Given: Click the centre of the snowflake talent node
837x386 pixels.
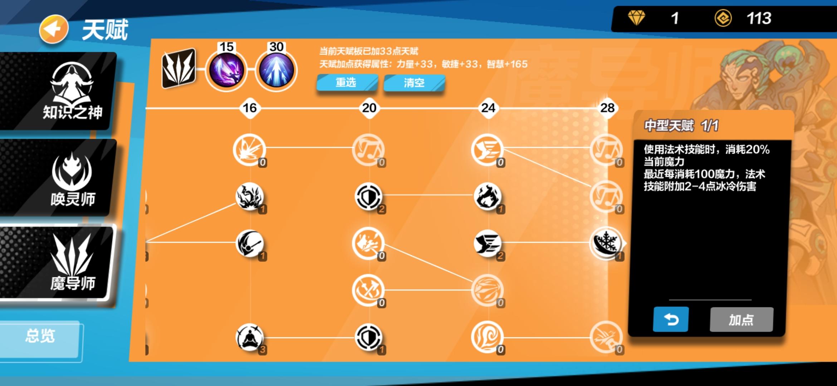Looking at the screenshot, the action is click(607, 243).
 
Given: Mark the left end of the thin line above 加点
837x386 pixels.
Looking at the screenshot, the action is click(669, 300).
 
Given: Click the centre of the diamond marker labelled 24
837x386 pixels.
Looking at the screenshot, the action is click(488, 108).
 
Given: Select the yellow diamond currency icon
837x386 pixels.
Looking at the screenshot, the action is click(636, 18).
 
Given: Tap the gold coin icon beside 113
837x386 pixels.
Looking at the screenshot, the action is click(723, 18).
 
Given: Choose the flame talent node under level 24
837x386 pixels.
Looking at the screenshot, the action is click(488, 196).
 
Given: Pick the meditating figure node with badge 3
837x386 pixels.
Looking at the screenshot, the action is click(249, 337).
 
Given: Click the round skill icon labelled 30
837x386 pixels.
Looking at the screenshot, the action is click(276, 70).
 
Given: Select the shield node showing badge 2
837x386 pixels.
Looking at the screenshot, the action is click(368, 196).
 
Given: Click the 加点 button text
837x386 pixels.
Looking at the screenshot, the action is click(741, 320).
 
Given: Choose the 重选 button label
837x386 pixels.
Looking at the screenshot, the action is click(346, 83).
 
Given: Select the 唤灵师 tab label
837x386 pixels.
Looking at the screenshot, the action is click(73, 199).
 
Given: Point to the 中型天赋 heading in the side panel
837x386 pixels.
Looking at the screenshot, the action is click(669, 125).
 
